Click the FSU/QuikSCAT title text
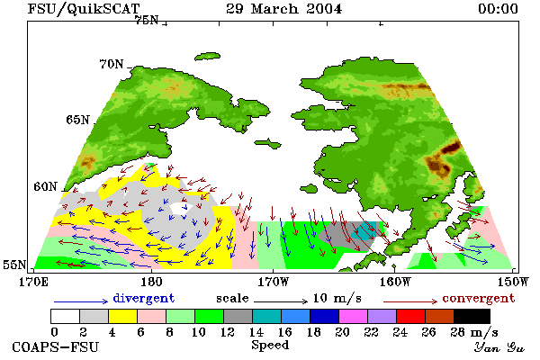pyautogui.click(x=84, y=9)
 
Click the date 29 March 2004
pyautogui.click(x=284, y=9)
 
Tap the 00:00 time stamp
pyautogui.click(x=498, y=9)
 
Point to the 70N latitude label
pyautogui.click(x=112, y=64)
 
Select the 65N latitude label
pyautogui.click(x=77, y=120)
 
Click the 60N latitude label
pyautogui.click(x=45, y=186)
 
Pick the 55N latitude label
pyautogui.click(x=14, y=265)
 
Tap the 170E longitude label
pyautogui.click(x=33, y=282)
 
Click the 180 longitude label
pyautogui.click(x=151, y=282)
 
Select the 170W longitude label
pyautogui.click(x=273, y=282)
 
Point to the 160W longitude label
pyautogui.click(x=395, y=282)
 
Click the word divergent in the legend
pyautogui.click(x=144, y=298)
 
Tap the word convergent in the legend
pyautogui.click(x=479, y=298)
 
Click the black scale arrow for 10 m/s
pyautogui.click(x=281, y=301)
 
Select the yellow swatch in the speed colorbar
pyautogui.click(x=123, y=316)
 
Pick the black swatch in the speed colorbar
pyautogui.click(x=472, y=316)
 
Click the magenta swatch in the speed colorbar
pyautogui.click(x=354, y=316)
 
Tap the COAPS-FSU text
pyautogui.click(x=56, y=346)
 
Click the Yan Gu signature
pyautogui.click(x=499, y=347)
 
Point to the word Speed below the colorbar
pyautogui.click(x=270, y=346)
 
